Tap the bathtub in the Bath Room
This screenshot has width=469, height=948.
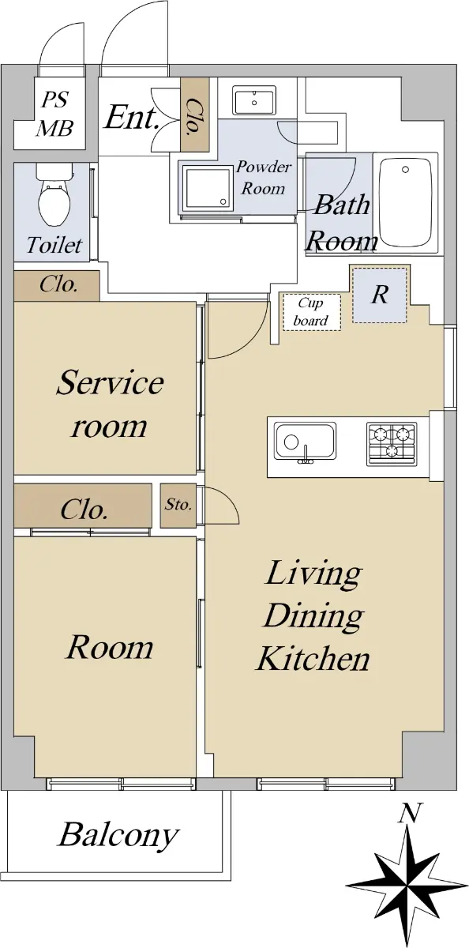(406, 202)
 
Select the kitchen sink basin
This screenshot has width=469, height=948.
(305, 442)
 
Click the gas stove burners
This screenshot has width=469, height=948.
(391, 442)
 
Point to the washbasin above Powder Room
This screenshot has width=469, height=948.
(254, 100)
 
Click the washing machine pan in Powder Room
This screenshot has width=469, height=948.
(208, 188)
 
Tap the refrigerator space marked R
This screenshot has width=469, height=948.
(379, 295)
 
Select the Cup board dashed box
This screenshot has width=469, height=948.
(312, 312)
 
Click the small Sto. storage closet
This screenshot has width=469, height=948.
(178, 506)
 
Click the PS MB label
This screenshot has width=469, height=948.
(55, 114)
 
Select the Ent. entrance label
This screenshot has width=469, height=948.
(132, 117)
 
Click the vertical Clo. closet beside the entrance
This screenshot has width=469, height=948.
(195, 115)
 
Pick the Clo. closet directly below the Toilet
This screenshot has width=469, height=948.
(57, 286)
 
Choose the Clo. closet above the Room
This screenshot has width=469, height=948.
(83, 506)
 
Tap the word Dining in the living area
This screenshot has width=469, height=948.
(313, 618)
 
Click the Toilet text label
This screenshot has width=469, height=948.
(54, 245)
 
